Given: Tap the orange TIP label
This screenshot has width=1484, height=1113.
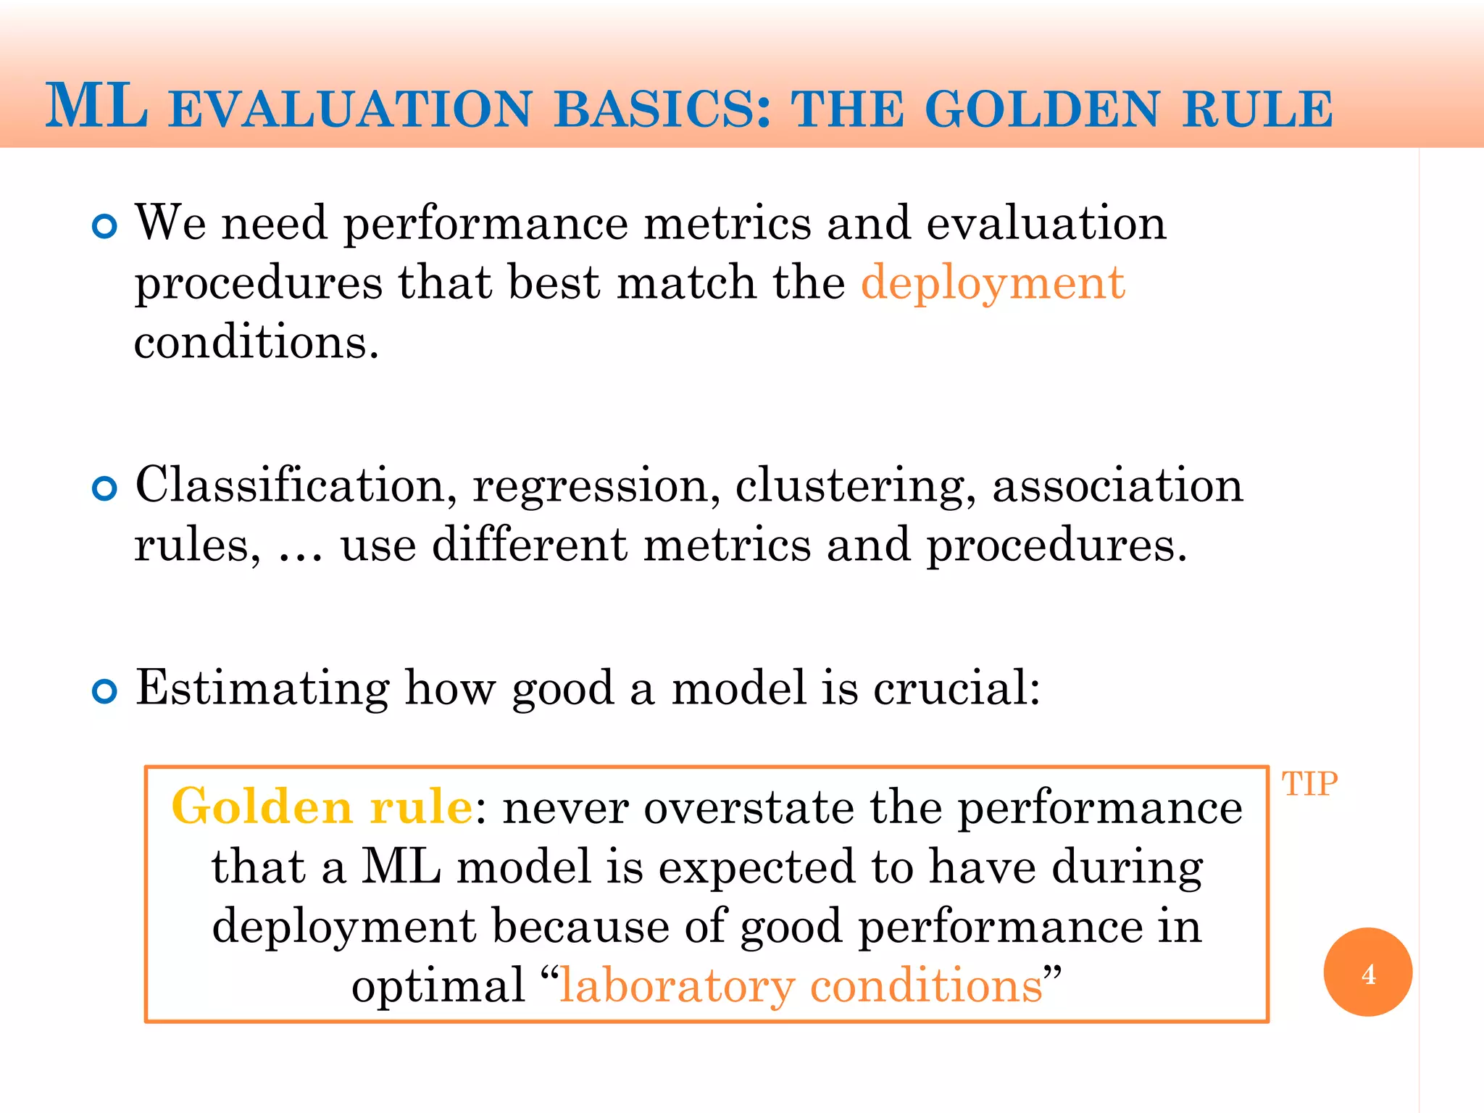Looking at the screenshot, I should (1309, 784).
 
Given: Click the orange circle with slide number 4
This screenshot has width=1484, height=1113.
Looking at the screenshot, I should (1367, 972).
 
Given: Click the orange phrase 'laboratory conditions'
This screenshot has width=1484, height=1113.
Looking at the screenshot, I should (801, 985).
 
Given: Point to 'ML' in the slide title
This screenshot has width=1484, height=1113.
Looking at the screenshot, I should (96, 107).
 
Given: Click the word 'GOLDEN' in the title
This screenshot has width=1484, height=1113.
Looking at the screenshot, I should (1042, 110).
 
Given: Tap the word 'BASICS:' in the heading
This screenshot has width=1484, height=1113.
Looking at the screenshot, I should (662, 110).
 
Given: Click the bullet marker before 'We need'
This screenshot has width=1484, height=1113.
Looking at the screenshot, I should (105, 228).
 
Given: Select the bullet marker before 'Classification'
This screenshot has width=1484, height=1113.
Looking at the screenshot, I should (105, 489).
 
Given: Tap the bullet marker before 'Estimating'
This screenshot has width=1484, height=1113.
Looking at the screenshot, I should (105, 692).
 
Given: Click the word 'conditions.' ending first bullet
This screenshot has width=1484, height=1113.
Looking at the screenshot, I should (257, 342).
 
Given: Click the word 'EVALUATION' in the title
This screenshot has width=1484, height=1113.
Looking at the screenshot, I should (351, 110).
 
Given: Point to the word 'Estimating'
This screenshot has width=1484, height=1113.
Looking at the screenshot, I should (262, 688).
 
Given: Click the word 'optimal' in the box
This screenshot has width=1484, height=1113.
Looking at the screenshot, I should (438, 987).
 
